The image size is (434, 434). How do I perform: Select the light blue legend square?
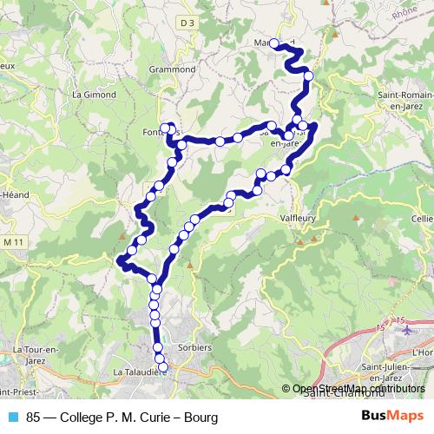(13, 417)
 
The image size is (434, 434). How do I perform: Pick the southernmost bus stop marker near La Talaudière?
(161, 366)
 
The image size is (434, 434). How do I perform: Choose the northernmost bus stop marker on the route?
(274, 43)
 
